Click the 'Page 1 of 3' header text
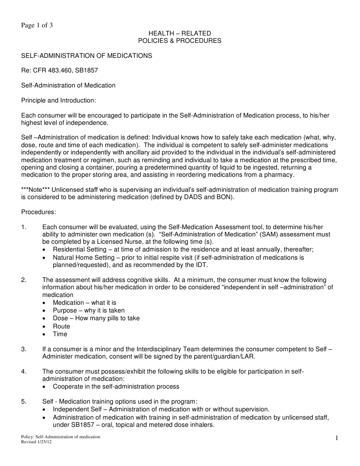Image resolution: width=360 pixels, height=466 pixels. pos(37,25)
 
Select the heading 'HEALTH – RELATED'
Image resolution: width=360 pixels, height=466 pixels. pos(180,33)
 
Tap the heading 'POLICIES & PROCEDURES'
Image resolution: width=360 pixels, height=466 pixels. pos(180,41)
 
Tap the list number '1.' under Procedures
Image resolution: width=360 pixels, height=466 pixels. pos(24,226)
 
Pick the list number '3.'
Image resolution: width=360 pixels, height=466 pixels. pos(24,349)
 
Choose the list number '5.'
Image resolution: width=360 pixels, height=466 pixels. pos(24,401)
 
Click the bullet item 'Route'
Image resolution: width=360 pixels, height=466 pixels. pos(61,326)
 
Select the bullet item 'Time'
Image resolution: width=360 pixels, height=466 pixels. pos(60,334)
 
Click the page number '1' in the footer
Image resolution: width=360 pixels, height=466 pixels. pos(337,438)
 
